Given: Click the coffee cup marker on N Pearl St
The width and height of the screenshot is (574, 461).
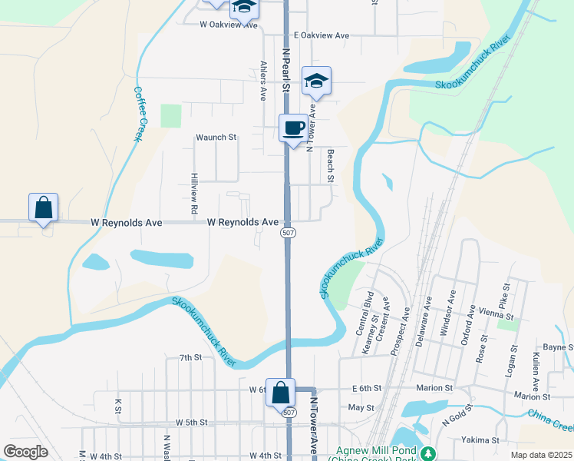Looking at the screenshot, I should [x=293, y=128].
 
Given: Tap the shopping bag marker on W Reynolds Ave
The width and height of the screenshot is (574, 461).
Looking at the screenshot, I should [x=44, y=207].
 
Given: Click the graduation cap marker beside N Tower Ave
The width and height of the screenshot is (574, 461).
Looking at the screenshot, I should [x=316, y=81].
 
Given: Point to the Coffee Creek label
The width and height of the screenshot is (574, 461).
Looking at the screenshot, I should [x=139, y=113].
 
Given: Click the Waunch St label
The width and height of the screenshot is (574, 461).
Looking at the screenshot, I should [x=216, y=138].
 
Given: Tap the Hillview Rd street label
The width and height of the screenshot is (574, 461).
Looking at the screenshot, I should [x=195, y=193].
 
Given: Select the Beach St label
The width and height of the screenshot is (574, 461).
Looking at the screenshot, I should [x=331, y=166].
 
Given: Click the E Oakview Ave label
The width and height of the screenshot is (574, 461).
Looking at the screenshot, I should [x=322, y=36].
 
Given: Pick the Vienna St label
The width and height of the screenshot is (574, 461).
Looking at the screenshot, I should [x=495, y=315].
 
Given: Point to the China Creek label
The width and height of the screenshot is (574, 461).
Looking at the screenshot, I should [x=551, y=420].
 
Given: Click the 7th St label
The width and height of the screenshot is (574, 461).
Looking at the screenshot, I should [x=190, y=357].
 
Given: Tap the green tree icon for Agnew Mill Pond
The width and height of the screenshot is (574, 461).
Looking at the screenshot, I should [x=430, y=453].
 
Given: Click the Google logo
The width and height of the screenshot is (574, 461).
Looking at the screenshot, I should [x=25, y=452].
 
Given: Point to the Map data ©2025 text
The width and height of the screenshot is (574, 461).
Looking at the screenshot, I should [x=542, y=454].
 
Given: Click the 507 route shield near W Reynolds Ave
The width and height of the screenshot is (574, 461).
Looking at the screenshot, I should [x=288, y=233].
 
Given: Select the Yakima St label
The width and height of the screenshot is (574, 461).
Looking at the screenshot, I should [x=480, y=440].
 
